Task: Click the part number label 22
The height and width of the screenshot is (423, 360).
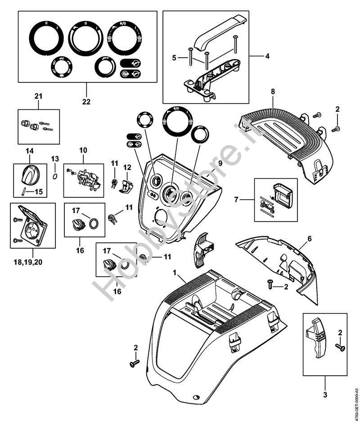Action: click(86, 102)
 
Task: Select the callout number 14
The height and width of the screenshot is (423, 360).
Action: click(30, 150)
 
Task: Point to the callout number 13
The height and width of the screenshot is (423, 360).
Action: click(55, 159)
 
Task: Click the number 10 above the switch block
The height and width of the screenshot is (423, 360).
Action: click(83, 150)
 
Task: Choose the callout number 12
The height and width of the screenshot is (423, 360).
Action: click(127, 168)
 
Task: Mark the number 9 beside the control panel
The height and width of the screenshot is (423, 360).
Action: click(220, 162)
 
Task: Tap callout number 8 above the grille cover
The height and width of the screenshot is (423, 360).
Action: click(273, 92)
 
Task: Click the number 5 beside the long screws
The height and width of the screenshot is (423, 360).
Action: click(174, 58)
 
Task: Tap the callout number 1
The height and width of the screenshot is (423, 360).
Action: click(175, 273)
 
